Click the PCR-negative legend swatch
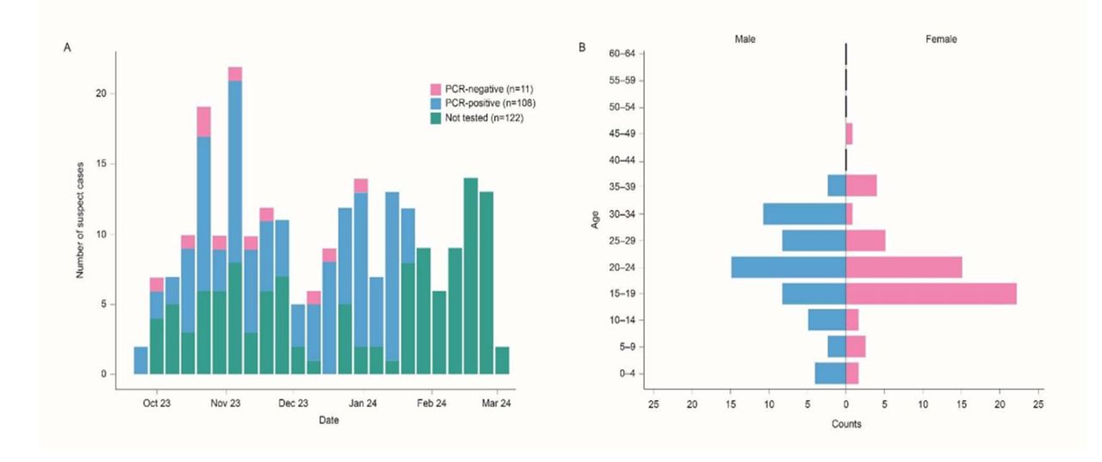coord(435,89)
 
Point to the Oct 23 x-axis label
coord(156,403)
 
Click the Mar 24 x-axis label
coord(497,403)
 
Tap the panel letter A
coord(67,47)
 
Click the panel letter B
coord(582,47)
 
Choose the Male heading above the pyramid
coord(746,40)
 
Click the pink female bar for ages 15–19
coord(931,293)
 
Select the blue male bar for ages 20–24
coord(789,267)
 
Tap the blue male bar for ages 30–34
coord(804,213)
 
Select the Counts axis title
coord(845,424)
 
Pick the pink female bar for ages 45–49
coord(850,134)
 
